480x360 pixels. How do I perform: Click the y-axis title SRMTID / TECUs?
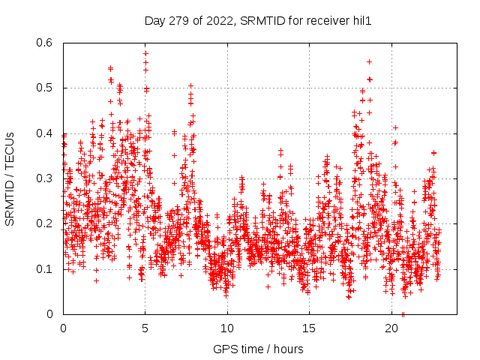click(x=10, y=178)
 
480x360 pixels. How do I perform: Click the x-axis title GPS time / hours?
click(x=258, y=349)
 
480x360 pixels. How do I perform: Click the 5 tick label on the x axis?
click(x=145, y=328)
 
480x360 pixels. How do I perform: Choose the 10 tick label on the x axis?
click(x=227, y=328)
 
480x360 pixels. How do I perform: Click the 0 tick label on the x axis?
click(x=63, y=328)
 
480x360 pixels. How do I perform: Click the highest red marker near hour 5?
click(x=145, y=53)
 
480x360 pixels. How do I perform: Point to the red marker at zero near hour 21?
click(x=403, y=313)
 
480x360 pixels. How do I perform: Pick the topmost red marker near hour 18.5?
click(x=369, y=61)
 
